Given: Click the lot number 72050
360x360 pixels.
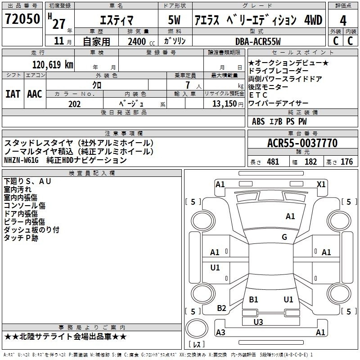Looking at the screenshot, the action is [x=22, y=19].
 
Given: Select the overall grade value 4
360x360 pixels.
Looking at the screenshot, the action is [x=343, y=21].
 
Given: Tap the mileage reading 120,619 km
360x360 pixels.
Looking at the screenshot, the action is [x=53, y=65].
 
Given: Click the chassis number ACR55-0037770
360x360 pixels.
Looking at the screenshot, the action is [x=302, y=143].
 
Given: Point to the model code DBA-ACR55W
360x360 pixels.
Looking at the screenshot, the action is [x=258, y=41].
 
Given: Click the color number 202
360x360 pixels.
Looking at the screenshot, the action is [x=74, y=104].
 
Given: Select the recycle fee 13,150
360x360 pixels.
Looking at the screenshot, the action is [x=225, y=104].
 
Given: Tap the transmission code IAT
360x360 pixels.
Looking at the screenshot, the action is [x=13, y=94].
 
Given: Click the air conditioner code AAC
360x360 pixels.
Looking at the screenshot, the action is [x=35, y=94].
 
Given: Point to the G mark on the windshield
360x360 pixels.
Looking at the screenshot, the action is [x=284, y=237].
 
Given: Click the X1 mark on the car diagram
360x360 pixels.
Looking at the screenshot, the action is [x=321, y=184].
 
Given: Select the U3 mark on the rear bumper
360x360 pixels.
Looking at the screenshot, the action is [x=258, y=322].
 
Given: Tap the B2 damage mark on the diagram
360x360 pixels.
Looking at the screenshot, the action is [x=221, y=308].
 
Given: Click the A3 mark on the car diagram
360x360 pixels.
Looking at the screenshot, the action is [x=220, y=332].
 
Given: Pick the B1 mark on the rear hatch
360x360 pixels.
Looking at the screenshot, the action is [x=253, y=299].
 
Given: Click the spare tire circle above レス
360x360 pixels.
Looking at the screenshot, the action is [x=197, y=328].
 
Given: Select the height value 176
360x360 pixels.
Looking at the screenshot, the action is [x=346, y=162].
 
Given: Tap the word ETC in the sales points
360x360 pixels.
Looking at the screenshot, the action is [x=258, y=95].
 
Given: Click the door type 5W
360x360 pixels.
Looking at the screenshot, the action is [x=174, y=20].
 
